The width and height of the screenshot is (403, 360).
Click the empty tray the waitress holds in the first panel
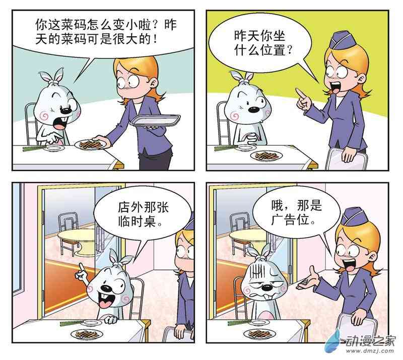tap(155, 120)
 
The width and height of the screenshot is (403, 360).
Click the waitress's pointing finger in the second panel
tap(300, 93)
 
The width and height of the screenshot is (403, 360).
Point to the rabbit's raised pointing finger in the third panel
tap(81, 268)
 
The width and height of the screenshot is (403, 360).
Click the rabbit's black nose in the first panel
tap(65, 110)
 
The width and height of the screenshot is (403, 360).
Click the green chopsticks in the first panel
tap(34, 148)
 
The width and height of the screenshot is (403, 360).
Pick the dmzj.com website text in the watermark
tap(370, 351)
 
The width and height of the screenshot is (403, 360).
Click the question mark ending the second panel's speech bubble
tap(289, 49)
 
